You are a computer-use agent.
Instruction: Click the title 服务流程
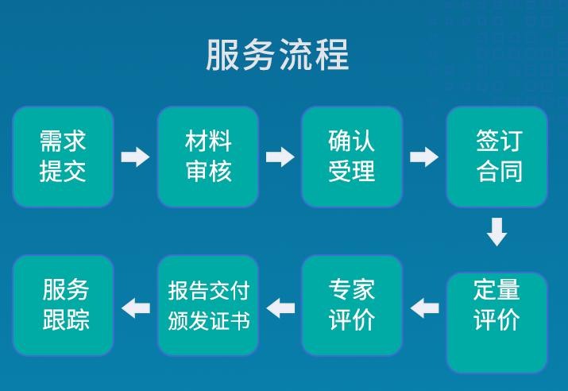tap(277, 56)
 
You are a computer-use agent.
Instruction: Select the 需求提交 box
tap(64, 157)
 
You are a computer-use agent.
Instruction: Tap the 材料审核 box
tap(208, 157)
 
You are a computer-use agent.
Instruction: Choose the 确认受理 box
tap(352, 157)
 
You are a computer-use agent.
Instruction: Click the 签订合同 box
tap(497, 157)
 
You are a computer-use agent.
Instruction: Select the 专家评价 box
tap(352, 305)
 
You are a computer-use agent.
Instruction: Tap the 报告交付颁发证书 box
tap(208, 305)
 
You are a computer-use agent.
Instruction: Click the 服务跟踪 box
tap(64, 305)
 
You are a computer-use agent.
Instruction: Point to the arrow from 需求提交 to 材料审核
tap(135, 157)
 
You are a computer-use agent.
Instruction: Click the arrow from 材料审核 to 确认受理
tap(280, 157)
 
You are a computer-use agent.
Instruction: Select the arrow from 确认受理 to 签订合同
tap(424, 157)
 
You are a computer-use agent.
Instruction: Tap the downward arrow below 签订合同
tap(497, 231)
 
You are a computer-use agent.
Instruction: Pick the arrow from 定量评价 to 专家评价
tap(425, 307)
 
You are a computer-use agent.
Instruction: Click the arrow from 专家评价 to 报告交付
tap(280, 307)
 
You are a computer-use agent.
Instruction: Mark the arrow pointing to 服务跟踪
tap(136, 307)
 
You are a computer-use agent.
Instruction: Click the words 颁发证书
tap(208, 321)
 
